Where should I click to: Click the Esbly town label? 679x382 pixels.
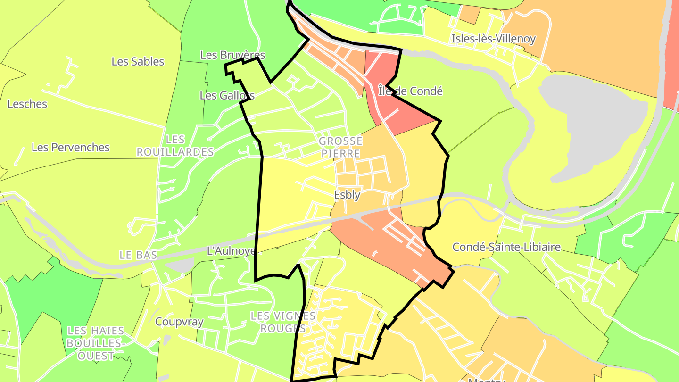pyautogui.click(x=347, y=195)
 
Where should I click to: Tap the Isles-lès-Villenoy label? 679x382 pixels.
pyautogui.click(x=493, y=39)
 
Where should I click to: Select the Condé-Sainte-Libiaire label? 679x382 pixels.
pyautogui.click(x=506, y=247)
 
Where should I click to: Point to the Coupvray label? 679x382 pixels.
pyautogui.click(x=179, y=322)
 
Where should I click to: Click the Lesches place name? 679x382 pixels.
pyautogui.click(x=27, y=104)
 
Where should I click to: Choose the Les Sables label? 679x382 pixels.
pyautogui.click(x=138, y=61)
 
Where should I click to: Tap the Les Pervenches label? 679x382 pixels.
pyautogui.click(x=71, y=147)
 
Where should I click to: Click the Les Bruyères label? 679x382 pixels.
pyautogui.click(x=232, y=55)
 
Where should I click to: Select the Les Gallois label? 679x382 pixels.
pyautogui.click(x=227, y=95)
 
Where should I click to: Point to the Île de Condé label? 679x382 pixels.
pyautogui.click(x=410, y=91)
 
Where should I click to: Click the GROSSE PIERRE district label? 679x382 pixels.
pyautogui.click(x=340, y=147)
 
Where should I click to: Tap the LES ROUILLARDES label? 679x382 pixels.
pyautogui.click(x=175, y=146)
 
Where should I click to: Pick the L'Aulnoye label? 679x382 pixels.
pyautogui.click(x=232, y=251)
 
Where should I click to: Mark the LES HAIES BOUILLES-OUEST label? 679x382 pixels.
pyautogui.click(x=96, y=343)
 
